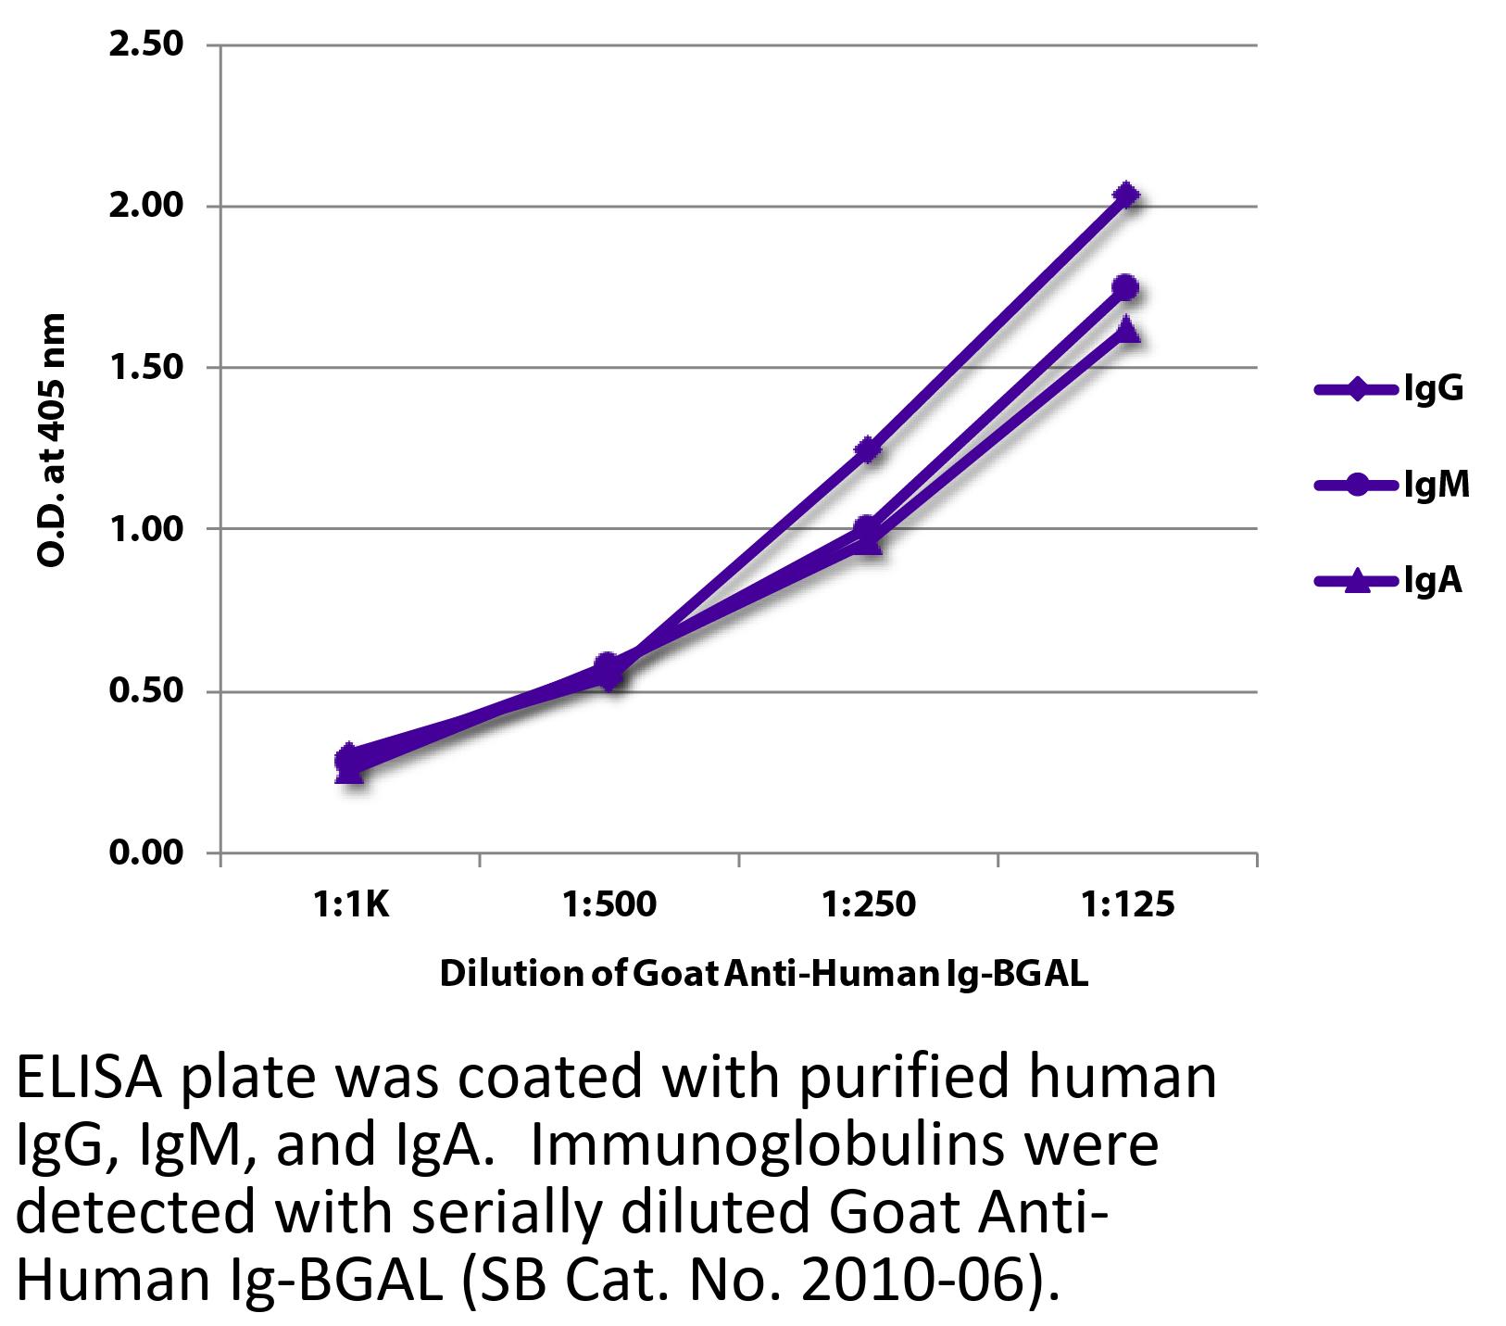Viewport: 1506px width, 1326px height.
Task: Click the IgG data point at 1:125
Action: click(x=1126, y=196)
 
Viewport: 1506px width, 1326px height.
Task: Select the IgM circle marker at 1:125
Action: click(x=1126, y=287)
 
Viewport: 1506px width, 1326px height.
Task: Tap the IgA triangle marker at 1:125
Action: click(x=1126, y=329)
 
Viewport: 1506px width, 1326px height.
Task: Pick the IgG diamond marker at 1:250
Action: click(x=868, y=450)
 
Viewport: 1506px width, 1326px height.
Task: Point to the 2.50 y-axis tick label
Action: click(x=147, y=44)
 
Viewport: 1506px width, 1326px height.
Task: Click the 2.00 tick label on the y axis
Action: click(x=147, y=206)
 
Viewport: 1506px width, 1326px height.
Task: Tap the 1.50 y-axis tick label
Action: click(x=147, y=368)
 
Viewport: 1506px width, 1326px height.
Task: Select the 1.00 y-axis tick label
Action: click(x=147, y=529)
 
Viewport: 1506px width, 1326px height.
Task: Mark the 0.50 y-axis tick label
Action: click(x=147, y=691)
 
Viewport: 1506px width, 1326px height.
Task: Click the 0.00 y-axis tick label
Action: click(x=147, y=852)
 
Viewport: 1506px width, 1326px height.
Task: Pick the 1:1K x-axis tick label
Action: click(x=350, y=904)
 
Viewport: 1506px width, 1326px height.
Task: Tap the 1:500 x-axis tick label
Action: click(x=609, y=904)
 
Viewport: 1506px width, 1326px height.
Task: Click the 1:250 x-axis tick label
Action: click(x=868, y=904)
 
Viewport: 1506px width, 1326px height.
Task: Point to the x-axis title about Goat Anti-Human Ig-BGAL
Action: click(x=763, y=974)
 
